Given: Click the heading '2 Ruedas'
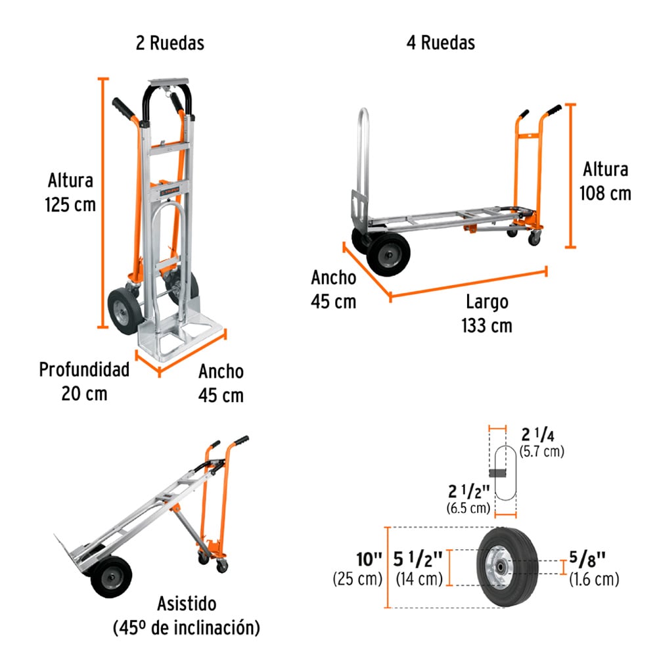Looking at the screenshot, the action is click(170, 43).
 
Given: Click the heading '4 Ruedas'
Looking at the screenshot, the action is click(441, 43).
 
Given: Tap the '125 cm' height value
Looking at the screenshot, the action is click(70, 205).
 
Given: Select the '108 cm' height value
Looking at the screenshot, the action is click(605, 194).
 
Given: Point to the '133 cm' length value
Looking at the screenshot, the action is click(487, 326).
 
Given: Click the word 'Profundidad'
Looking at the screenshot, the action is click(84, 369).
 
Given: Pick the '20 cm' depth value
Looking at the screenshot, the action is click(84, 394).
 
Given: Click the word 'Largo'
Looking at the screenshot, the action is click(487, 302).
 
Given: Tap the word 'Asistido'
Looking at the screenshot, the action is click(187, 604).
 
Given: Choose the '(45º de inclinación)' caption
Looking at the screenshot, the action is click(187, 628).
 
